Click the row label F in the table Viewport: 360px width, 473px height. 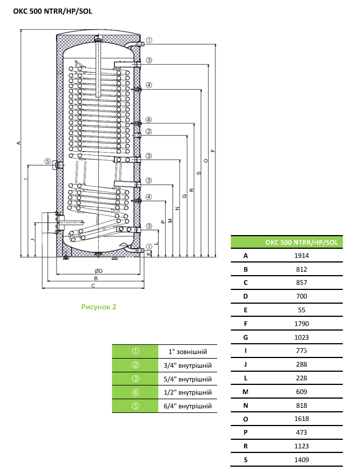[x=246, y=323]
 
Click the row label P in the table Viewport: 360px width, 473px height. [x=246, y=432]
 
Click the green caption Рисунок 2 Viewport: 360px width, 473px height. [x=99, y=307]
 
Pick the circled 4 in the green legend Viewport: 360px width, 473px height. [x=135, y=392]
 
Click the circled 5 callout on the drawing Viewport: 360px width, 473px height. [x=47, y=161]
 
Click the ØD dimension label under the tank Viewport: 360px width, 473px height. [x=98, y=271]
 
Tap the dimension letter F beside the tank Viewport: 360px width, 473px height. [x=213, y=150]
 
